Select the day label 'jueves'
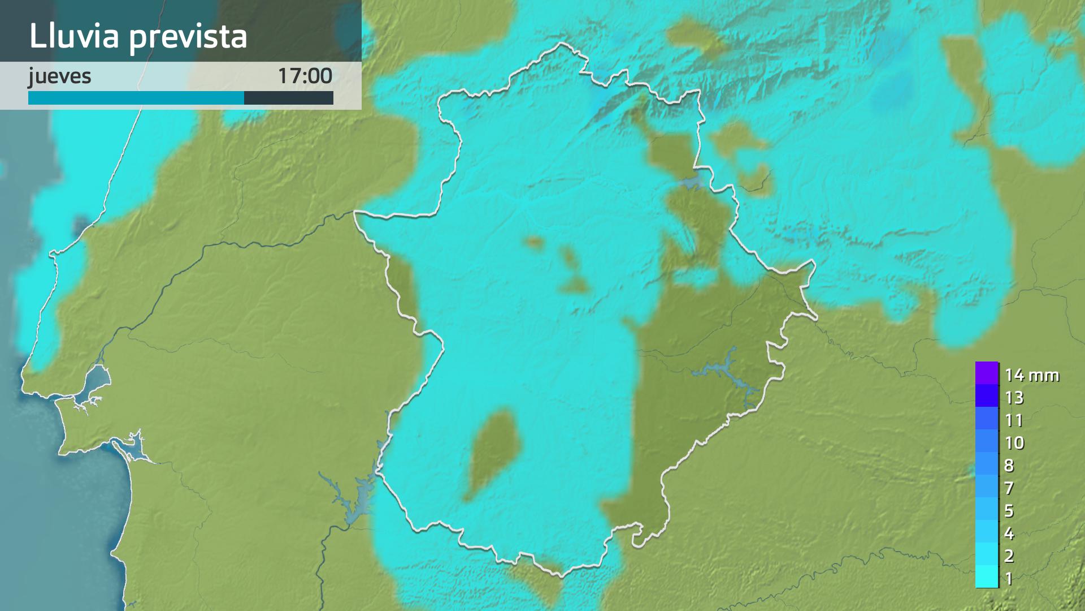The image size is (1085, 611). coord(60,76)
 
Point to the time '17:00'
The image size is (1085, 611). coord(305,76)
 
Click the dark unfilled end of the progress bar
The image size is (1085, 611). coord(288,98)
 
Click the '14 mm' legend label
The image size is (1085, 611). coord(1031,375)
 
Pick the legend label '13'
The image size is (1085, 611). coord(1014,398)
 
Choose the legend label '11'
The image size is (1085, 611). coord(1014,420)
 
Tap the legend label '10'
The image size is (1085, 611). coord(1014,442)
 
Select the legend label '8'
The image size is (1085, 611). coord(1009,466)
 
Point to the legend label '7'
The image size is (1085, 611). coord(1009,488)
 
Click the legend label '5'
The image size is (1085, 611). coord(1009,511)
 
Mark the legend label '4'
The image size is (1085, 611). coord(1009,533)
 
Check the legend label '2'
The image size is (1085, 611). coord(1009,556)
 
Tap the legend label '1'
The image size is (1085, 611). coord(1009,578)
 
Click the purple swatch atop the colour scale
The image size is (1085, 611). coord(987,373)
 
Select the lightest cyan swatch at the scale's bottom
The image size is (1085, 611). coord(987,577)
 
